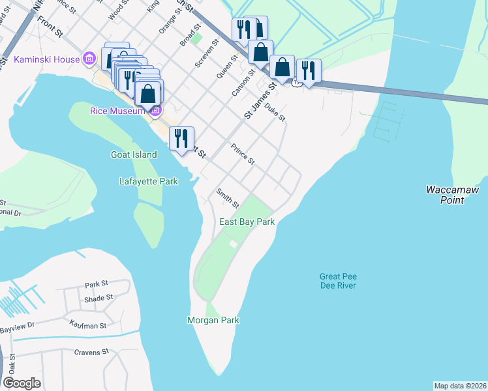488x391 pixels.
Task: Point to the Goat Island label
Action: [x=134, y=154]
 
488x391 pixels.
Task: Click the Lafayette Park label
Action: [x=149, y=182]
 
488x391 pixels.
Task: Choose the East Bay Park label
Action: [x=247, y=222]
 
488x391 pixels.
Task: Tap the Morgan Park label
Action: [x=213, y=320]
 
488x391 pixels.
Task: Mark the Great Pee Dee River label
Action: [x=338, y=281]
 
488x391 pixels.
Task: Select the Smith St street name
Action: [x=228, y=196]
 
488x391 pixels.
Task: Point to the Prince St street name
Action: [x=242, y=154]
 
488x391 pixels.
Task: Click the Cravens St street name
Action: [x=91, y=352]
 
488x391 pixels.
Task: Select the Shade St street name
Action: [x=99, y=298]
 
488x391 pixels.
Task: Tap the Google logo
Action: [x=22, y=383]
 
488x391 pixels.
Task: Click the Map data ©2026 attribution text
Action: [x=460, y=386]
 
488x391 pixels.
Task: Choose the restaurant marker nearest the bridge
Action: [x=307, y=70]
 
